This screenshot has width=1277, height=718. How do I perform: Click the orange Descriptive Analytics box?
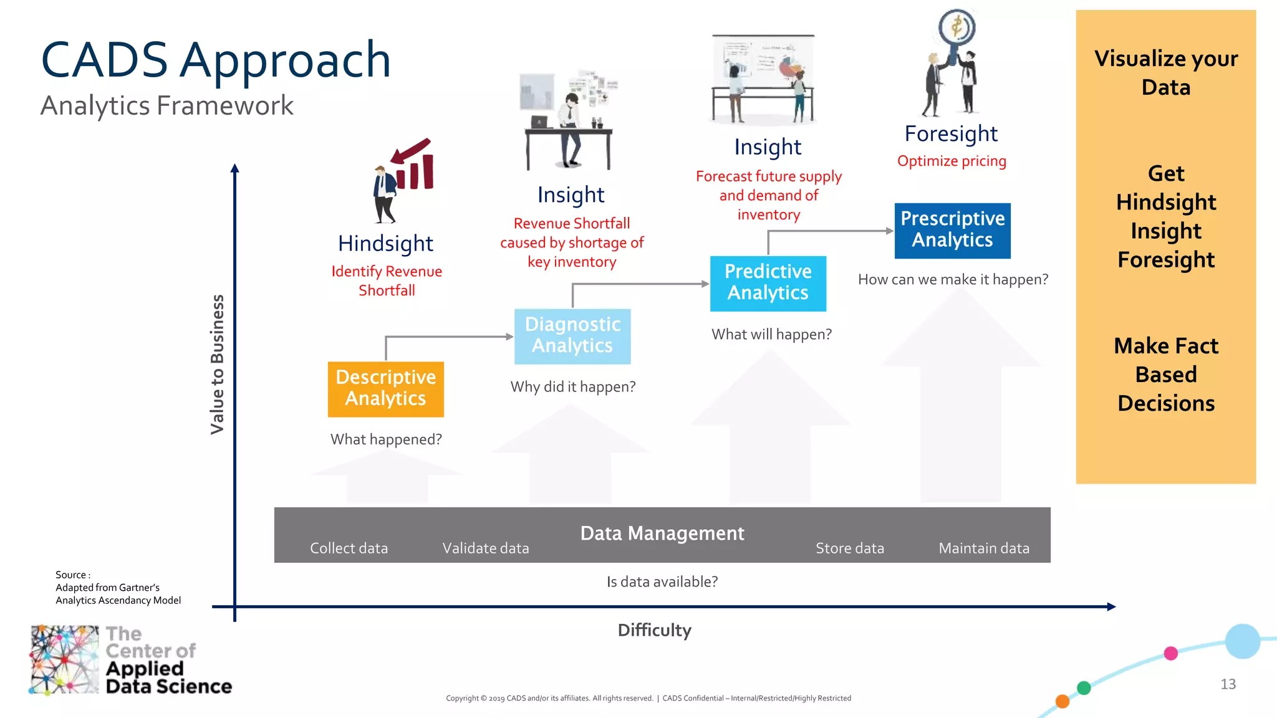(x=385, y=389)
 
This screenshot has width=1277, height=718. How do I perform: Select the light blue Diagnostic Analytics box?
(x=572, y=336)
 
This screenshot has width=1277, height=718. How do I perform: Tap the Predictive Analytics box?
(x=768, y=283)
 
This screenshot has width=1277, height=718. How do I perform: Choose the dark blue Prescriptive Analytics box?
(x=952, y=230)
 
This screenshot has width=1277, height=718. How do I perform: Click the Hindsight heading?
(x=385, y=243)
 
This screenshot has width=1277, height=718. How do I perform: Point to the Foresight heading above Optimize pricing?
(x=951, y=133)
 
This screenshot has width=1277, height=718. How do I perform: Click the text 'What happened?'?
(x=386, y=439)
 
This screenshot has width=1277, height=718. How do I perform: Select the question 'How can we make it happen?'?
(x=953, y=279)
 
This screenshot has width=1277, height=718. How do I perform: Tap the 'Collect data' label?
(x=349, y=548)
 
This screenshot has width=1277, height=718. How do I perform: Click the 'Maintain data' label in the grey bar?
(x=984, y=548)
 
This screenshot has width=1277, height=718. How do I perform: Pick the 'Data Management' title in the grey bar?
(x=662, y=533)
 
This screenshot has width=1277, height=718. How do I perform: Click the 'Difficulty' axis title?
(x=654, y=630)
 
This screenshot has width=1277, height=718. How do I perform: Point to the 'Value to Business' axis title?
(x=217, y=364)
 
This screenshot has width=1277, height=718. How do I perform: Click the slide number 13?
(x=1228, y=684)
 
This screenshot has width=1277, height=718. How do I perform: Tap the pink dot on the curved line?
(x=1170, y=653)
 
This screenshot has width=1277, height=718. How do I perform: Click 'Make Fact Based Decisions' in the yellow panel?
(x=1165, y=374)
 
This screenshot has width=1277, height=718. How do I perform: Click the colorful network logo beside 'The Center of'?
(x=64, y=659)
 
